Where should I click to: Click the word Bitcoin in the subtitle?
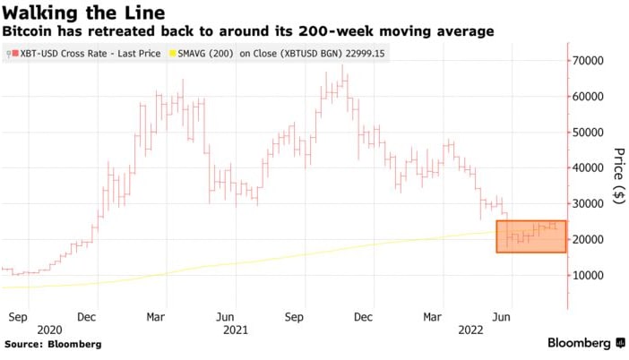click(29, 31)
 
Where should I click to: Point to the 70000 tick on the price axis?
click(590, 60)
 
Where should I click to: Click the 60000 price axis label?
click(590, 96)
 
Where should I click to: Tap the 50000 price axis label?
click(590, 132)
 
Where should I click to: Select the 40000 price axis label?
click(590, 167)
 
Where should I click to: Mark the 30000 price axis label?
click(590, 203)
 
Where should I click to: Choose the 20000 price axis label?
click(590, 239)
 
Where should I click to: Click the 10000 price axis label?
click(590, 275)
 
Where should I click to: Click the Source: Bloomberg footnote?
click(52, 344)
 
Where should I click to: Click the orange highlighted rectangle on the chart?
click(530, 236)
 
